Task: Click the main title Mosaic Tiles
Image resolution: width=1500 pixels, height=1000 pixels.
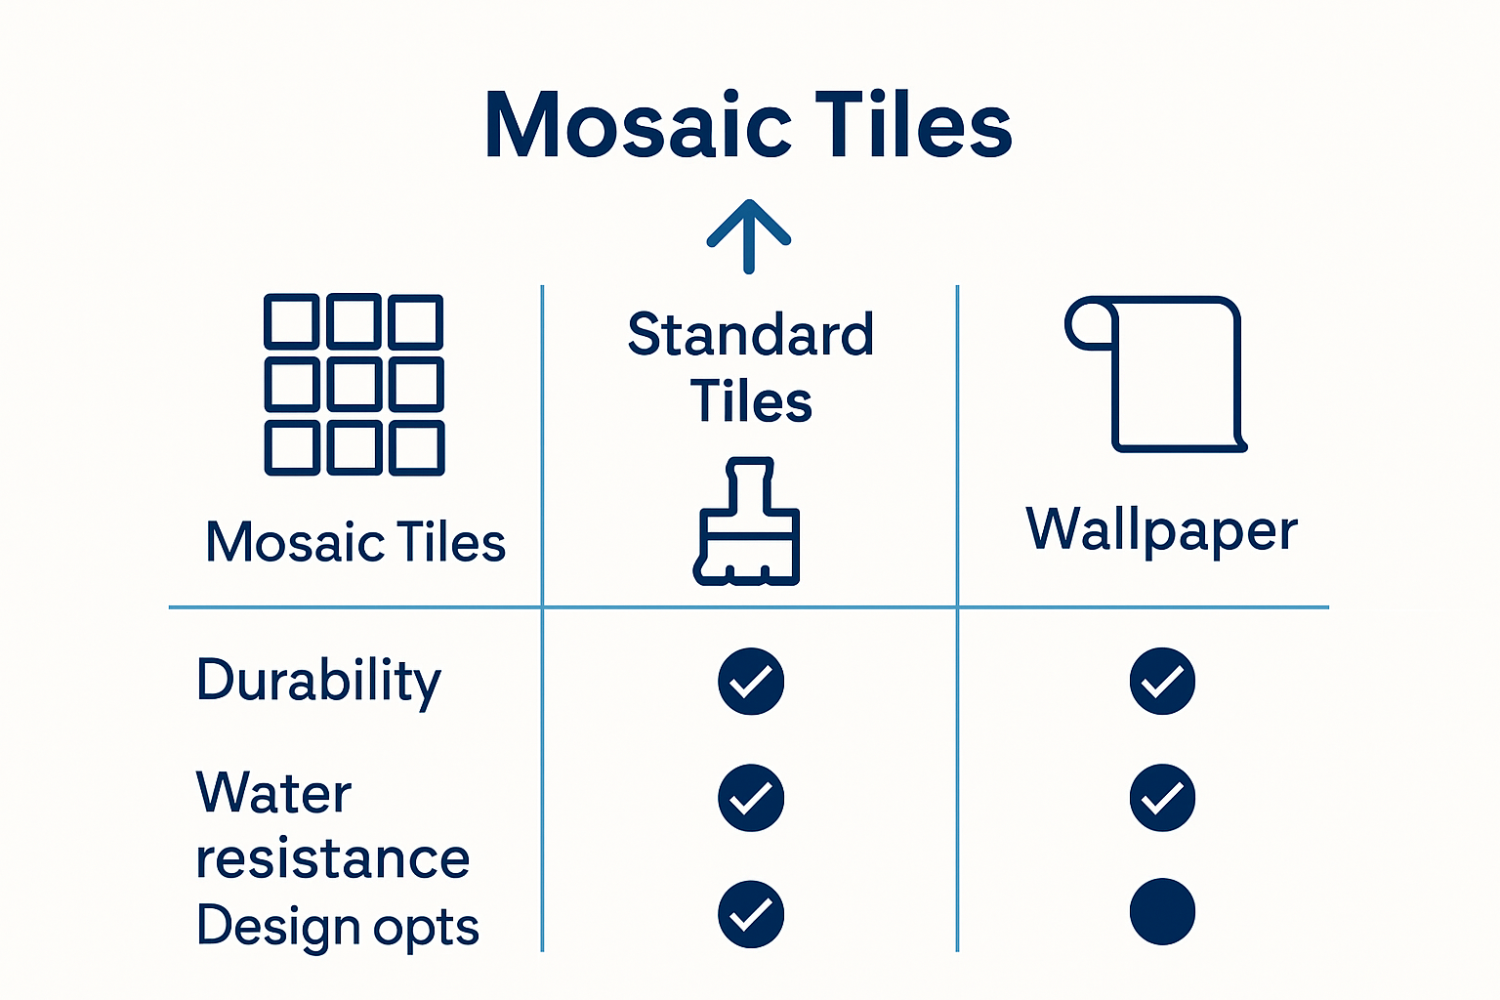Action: (x=749, y=125)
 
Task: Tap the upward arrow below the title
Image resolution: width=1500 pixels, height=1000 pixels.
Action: (x=749, y=235)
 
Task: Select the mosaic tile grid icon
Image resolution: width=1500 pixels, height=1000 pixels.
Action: (x=354, y=384)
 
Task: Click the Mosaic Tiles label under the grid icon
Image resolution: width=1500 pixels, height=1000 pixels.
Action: (x=355, y=542)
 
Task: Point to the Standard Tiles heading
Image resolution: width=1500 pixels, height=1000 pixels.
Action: (x=750, y=368)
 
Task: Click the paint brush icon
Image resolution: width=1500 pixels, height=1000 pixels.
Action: (x=748, y=522)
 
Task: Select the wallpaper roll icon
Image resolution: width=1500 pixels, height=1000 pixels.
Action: (x=1155, y=374)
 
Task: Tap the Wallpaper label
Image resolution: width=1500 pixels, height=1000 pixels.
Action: (x=1161, y=530)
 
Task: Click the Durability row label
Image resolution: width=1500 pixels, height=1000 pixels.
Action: (x=318, y=681)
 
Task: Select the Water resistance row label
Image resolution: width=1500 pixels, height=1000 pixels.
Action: (x=332, y=825)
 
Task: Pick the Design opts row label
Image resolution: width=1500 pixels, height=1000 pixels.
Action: (x=338, y=926)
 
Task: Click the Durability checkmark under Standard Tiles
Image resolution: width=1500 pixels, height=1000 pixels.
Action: (x=751, y=681)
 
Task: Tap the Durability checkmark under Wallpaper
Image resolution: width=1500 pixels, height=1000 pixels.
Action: (x=1162, y=681)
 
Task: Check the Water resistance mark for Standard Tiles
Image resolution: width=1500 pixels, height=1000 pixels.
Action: (x=751, y=798)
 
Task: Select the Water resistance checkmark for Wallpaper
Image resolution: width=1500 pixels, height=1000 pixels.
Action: (x=1162, y=798)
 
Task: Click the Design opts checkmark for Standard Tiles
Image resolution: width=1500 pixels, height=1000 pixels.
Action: (x=751, y=914)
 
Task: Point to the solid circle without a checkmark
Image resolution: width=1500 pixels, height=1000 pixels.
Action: (x=1162, y=912)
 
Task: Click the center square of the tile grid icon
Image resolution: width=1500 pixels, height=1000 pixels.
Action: (x=354, y=384)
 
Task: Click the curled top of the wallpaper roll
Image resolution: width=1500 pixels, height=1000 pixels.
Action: (x=1088, y=325)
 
